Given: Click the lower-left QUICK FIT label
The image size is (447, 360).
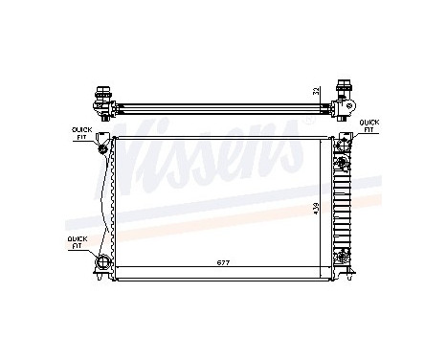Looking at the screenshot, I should tap(75, 242).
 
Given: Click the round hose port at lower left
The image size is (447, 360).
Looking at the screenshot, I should tap(103, 262).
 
